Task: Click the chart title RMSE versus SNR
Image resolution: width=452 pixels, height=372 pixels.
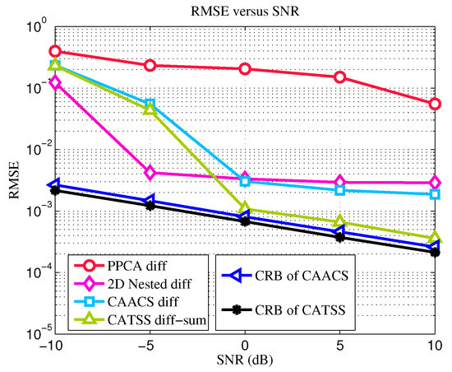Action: (x=244, y=10)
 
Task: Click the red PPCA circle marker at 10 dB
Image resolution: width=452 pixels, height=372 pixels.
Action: (x=435, y=104)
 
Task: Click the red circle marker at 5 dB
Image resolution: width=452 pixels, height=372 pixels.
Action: (x=339, y=77)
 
